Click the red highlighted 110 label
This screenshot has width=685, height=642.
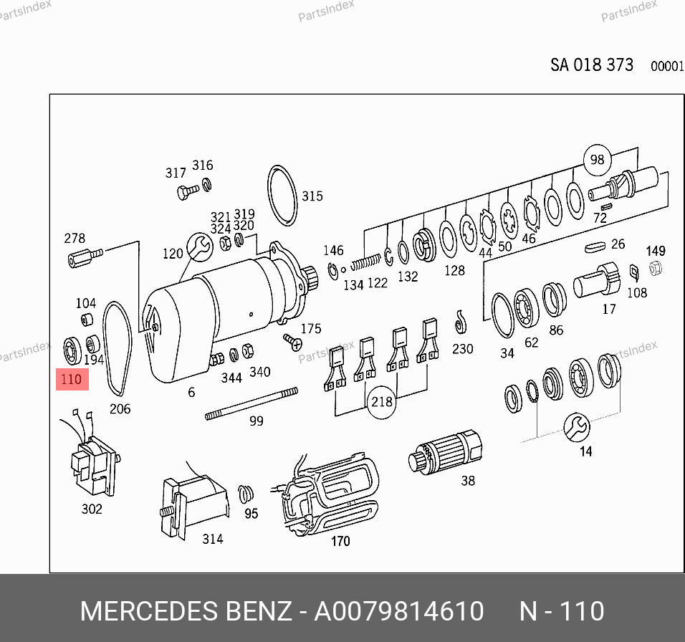tap(72, 379)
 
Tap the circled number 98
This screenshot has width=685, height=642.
tap(597, 159)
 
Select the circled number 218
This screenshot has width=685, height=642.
tap(381, 402)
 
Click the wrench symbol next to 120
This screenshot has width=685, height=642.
tap(200, 247)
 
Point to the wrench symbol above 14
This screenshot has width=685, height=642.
tap(577, 428)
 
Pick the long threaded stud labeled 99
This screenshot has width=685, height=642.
tap(252, 404)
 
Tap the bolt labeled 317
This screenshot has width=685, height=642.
tap(188, 191)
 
